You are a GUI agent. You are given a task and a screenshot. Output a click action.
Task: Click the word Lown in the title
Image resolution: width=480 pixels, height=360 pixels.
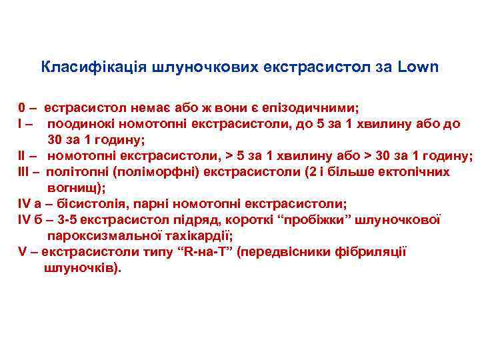click(417, 67)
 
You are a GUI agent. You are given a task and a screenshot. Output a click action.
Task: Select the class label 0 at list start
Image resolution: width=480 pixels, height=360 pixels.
click(22, 107)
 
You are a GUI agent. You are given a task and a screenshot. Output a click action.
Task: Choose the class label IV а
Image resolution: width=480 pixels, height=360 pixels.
click(31, 204)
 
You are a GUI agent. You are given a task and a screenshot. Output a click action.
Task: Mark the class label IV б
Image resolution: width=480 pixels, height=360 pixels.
click(31, 220)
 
